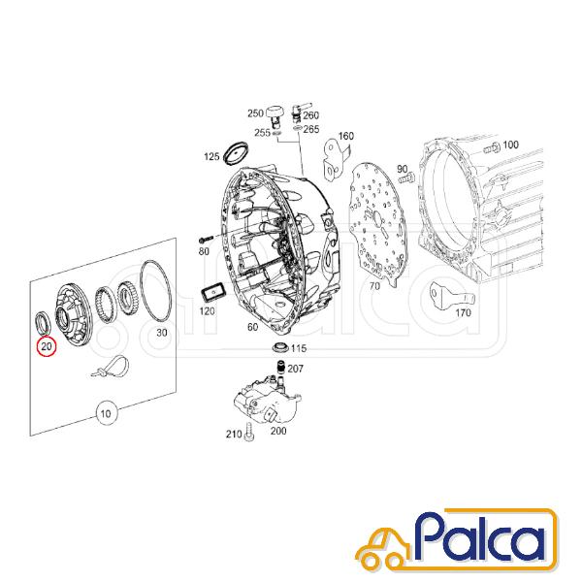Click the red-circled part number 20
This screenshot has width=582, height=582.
(47, 346)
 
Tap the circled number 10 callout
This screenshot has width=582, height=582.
(106, 413)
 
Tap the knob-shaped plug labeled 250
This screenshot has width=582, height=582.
(275, 114)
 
